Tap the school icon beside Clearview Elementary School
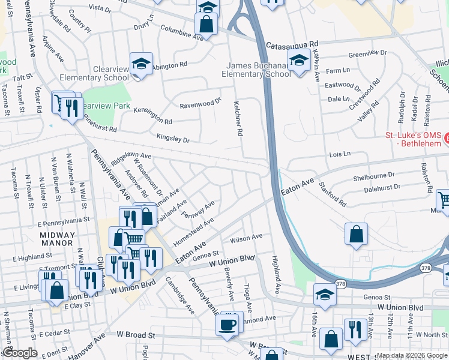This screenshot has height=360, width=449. (140, 65)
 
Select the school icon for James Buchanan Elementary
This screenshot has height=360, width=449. (298, 61)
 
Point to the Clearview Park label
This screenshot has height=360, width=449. (106, 105)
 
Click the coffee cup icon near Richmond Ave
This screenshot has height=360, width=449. (228, 325)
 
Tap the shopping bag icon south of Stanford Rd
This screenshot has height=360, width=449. (356, 233)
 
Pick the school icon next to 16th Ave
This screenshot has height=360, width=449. (324, 295)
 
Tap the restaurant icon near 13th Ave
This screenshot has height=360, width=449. (355, 329)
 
